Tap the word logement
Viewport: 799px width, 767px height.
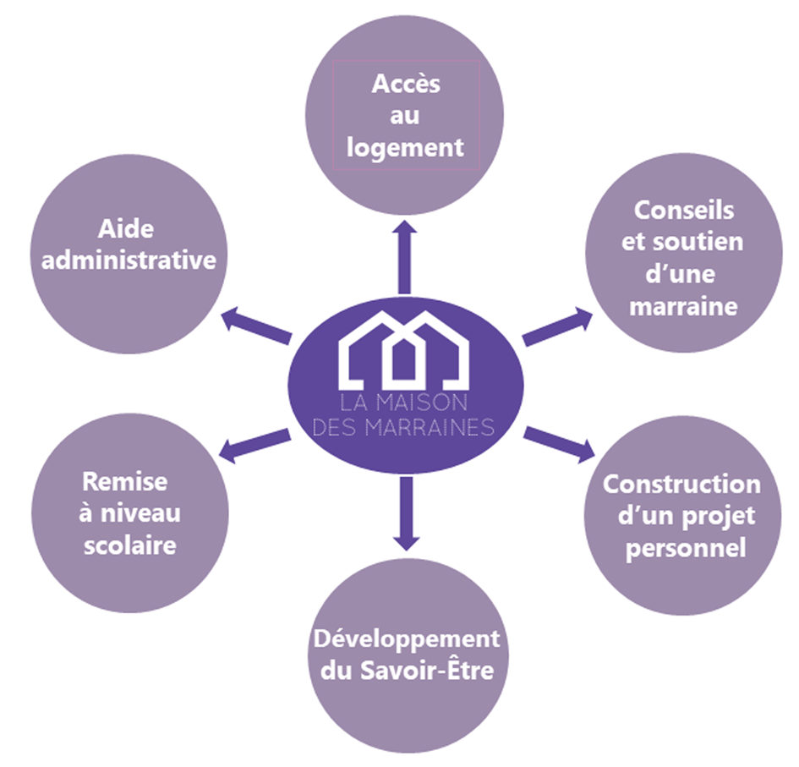[405, 147]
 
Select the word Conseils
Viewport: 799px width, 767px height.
[684, 209]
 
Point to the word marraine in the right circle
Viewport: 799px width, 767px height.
[684, 305]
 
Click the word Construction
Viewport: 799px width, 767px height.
[681, 485]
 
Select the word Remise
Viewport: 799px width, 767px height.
[124, 481]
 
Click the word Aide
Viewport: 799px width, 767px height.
[129, 228]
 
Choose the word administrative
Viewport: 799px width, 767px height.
[129, 260]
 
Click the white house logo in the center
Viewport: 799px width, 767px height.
[404, 348]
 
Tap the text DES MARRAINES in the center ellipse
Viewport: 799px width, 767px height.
[403, 428]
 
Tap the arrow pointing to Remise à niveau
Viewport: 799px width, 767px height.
[254, 443]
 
